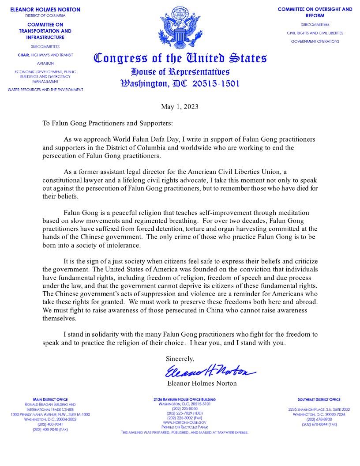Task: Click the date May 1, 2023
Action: pyautogui.click(x=180, y=107)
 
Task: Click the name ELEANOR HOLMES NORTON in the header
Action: pyautogui.click(x=45, y=9)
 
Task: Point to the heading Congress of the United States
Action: pyautogui.click(x=180, y=58)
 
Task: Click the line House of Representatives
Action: pyautogui.click(x=180, y=71)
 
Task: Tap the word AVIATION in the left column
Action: pyautogui.click(x=45, y=63)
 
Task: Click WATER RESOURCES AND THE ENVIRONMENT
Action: pyautogui.click(x=45, y=90)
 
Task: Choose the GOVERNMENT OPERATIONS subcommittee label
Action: pyautogui.click(x=315, y=41)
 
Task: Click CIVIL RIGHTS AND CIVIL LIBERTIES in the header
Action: pyautogui.click(x=315, y=33)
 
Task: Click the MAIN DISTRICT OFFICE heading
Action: pyautogui.click(x=50, y=399)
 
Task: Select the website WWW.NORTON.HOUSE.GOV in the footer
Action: pyautogui.click(x=184, y=422)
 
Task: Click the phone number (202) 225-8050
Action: pyautogui.click(x=184, y=408)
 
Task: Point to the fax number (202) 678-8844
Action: pyautogui.click(x=319, y=424)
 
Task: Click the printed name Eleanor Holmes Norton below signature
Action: pyautogui.click(x=202, y=383)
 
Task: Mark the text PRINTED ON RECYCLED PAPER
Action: pyautogui.click(x=184, y=427)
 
